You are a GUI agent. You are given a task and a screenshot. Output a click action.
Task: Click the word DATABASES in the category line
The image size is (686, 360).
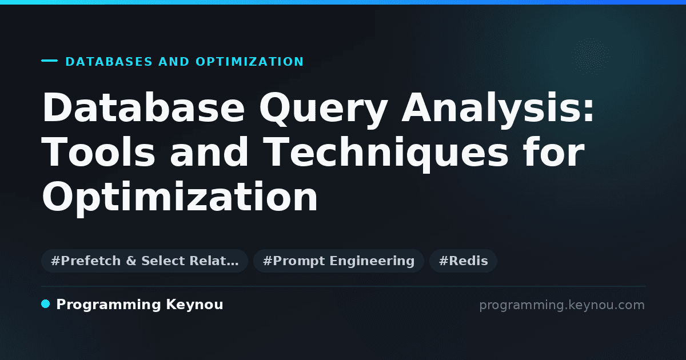pos(109,62)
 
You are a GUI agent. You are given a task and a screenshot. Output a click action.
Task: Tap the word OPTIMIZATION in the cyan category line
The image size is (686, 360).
pos(250,62)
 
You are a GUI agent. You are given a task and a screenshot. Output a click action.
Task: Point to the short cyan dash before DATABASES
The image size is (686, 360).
pos(49,61)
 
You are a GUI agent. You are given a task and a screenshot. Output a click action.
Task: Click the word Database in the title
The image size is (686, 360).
pos(143,108)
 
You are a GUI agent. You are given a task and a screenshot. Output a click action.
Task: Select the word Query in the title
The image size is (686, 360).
pos(324,110)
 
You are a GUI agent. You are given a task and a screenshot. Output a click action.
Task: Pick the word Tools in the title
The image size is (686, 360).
pos(98,152)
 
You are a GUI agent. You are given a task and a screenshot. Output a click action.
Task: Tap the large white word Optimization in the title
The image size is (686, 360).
pos(180,198)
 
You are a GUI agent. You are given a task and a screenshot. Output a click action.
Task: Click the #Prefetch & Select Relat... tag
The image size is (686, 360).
pos(145,261)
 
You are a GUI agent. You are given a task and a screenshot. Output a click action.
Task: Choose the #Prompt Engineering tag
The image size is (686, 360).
pos(338,261)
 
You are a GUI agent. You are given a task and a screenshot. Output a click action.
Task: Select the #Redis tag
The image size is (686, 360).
pos(464,261)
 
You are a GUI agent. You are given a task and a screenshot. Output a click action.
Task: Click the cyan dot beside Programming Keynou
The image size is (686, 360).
pos(46,304)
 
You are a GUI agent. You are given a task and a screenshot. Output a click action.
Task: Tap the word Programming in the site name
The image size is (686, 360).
pos(109,305)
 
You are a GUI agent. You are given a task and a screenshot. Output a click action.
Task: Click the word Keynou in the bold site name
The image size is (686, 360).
pos(194,305)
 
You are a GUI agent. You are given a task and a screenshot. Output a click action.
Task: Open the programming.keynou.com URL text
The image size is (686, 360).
pos(562,305)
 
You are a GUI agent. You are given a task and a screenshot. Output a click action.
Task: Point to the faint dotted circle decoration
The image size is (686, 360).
pos(591,57)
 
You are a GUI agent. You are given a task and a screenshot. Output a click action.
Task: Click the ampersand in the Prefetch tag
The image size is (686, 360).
pos(131,261)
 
